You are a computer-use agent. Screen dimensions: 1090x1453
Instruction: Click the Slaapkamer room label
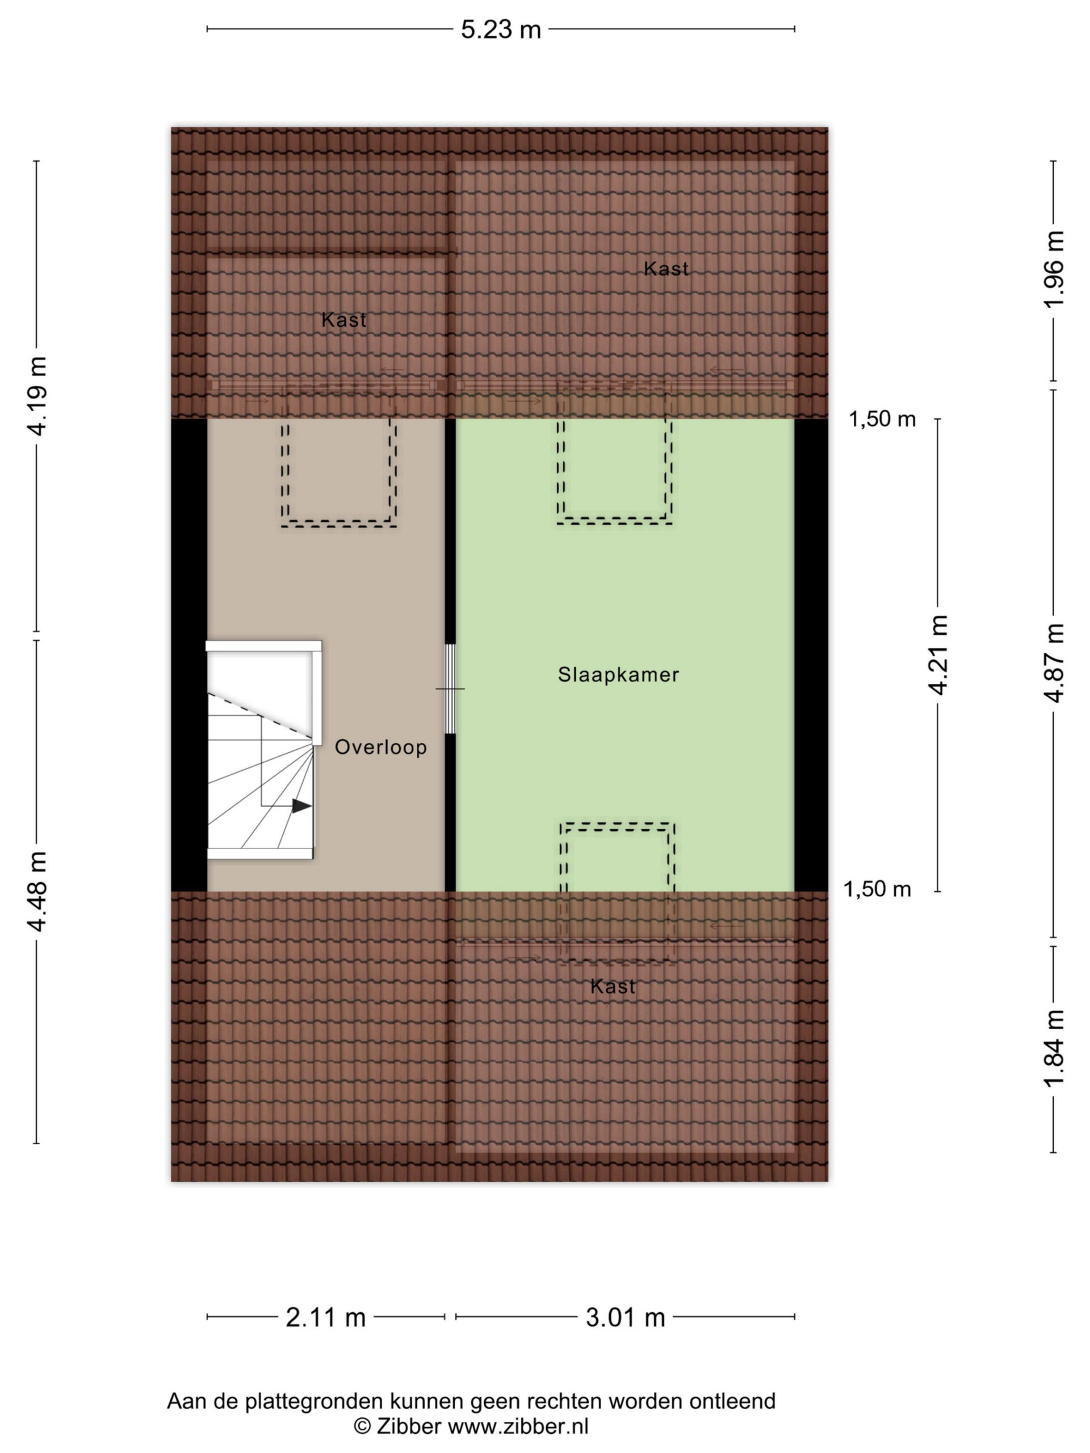click(x=618, y=675)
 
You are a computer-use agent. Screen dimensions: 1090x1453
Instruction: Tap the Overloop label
click(x=381, y=747)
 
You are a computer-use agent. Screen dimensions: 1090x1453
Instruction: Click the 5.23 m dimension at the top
click(x=501, y=30)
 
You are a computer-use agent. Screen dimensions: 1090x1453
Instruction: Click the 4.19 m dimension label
click(x=37, y=396)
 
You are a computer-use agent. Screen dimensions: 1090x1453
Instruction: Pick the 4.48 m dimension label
click(x=37, y=891)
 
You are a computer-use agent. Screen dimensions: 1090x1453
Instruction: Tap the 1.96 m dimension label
click(x=1053, y=270)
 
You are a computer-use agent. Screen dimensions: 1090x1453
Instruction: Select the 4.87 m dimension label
click(x=1053, y=663)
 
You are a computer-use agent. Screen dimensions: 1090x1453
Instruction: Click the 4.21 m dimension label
click(x=938, y=655)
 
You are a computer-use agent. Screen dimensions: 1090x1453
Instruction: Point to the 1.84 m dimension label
click(x=1053, y=1048)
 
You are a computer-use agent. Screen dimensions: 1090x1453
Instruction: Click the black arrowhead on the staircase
click(x=301, y=806)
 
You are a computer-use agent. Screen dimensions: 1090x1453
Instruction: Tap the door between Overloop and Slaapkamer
click(x=450, y=688)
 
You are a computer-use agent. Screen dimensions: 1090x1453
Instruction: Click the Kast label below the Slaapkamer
click(x=613, y=986)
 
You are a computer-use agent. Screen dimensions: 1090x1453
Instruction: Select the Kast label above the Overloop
click(x=343, y=320)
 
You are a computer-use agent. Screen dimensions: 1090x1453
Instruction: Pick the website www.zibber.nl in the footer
click(x=518, y=1426)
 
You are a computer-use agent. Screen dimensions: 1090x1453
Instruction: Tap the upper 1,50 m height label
click(x=882, y=419)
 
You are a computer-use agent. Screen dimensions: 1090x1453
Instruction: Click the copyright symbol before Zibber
click(x=362, y=1426)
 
